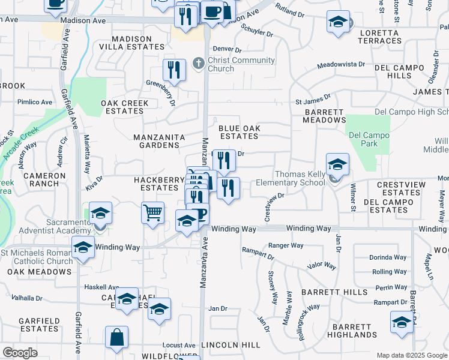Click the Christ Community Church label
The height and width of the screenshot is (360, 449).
tap(241, 64)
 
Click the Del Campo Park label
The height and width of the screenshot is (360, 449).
tap(369, 139)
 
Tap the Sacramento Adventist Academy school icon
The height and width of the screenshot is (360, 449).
tap(101, 213)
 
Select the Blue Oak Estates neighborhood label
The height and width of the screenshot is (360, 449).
tap(238, 132)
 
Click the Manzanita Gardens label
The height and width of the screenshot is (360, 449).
tap(158, 141)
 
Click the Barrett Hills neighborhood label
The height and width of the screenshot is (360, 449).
tap(334, 292)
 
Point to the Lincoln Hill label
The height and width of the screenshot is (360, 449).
tap(231, 345)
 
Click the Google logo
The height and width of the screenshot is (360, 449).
tap(20, 353)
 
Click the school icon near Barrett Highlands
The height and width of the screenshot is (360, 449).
tap(402, 323)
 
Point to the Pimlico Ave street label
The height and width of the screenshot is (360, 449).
tap(35, 103)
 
